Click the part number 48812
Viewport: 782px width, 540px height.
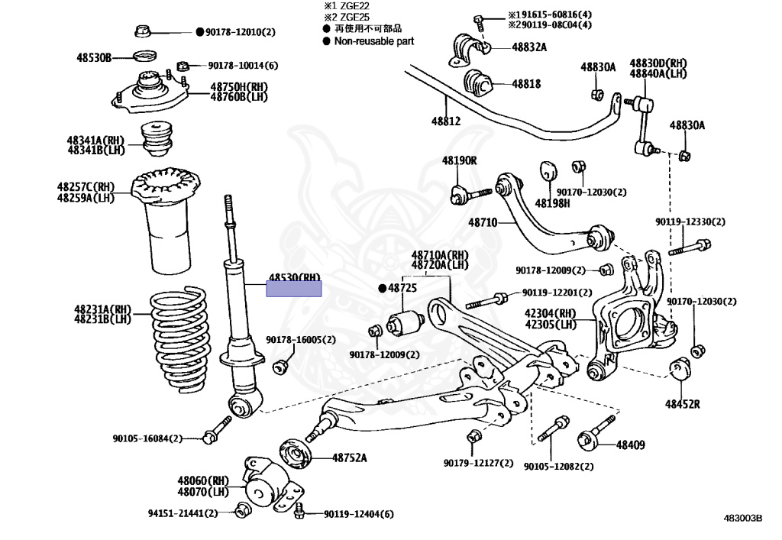446,121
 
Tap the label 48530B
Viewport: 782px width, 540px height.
94,57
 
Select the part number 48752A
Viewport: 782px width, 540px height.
349,458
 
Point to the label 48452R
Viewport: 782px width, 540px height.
682,403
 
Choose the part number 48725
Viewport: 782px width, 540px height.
402,288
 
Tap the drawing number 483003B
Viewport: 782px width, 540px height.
743,518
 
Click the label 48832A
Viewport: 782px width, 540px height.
529,47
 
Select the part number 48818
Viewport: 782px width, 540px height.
526,84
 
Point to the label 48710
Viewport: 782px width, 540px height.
483,222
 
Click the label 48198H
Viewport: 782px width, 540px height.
552,203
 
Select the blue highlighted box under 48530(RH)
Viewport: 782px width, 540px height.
293,289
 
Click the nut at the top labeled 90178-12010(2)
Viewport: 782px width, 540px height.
142,31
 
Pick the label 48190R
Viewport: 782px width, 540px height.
459,160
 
